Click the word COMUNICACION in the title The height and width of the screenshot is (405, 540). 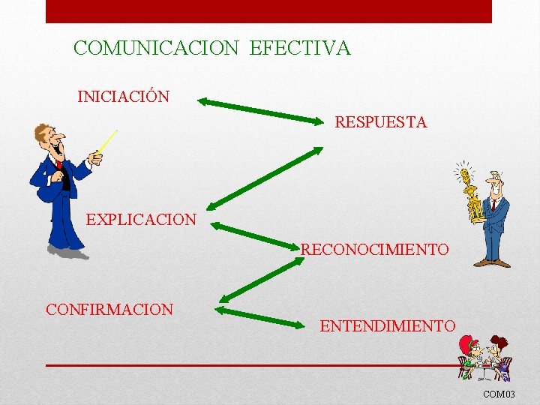click(156, 49)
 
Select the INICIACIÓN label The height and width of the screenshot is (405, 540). click(123, 97)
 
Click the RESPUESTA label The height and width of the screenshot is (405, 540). click(380, 122)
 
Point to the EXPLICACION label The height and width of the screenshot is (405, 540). click(141, 220)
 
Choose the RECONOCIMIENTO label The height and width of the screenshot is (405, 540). click(375, 249)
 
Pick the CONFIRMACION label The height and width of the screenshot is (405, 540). click(109, 309)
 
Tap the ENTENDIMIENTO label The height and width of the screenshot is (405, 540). click(387, 326)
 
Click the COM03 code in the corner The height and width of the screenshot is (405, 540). click(499, 394)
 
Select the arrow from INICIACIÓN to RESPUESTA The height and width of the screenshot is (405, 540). click(263, 109)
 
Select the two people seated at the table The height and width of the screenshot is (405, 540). click(484, 357)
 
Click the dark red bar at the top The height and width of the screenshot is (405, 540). click(268, 11)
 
